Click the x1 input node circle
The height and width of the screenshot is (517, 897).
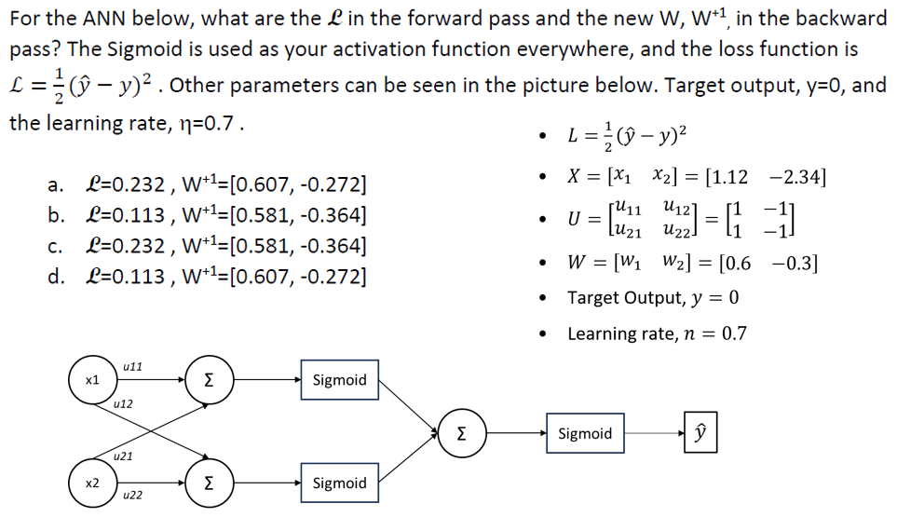click(91, 381)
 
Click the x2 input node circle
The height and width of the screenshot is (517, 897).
click(91, 483)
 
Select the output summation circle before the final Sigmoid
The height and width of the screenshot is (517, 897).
click(461, 433)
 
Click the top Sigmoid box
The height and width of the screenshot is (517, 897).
click(339, 380)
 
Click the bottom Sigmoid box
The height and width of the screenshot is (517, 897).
click(339, 483)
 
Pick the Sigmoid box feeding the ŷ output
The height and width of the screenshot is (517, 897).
click(585, 433)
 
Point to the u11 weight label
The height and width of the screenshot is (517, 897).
click(132, 366)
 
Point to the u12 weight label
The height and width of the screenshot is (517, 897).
click(122, 404)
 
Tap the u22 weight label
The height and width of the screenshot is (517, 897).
click(132, 495)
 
